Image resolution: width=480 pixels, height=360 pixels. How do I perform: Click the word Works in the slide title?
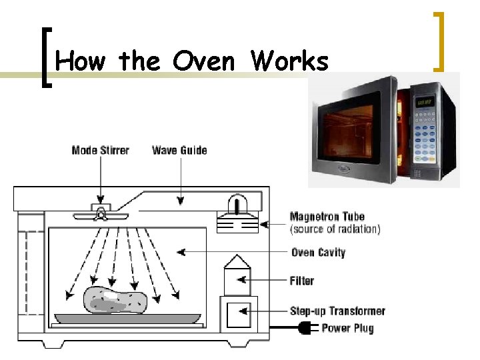coord(289,62)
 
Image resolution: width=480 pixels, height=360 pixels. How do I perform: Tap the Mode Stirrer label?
coord(101,150)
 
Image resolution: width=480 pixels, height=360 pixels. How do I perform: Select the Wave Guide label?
coord(179,150)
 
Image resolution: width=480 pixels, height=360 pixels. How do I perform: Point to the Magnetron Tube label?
coord(327,217)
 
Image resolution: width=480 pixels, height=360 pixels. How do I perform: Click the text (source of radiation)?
coord(335,229)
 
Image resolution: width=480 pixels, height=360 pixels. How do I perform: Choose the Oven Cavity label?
coord(318,253)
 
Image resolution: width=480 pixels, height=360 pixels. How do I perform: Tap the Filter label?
coord(302,281)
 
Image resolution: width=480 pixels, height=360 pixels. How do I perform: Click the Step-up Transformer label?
coord(337,311)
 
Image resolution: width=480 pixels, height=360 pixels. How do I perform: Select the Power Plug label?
coord(347,327)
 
